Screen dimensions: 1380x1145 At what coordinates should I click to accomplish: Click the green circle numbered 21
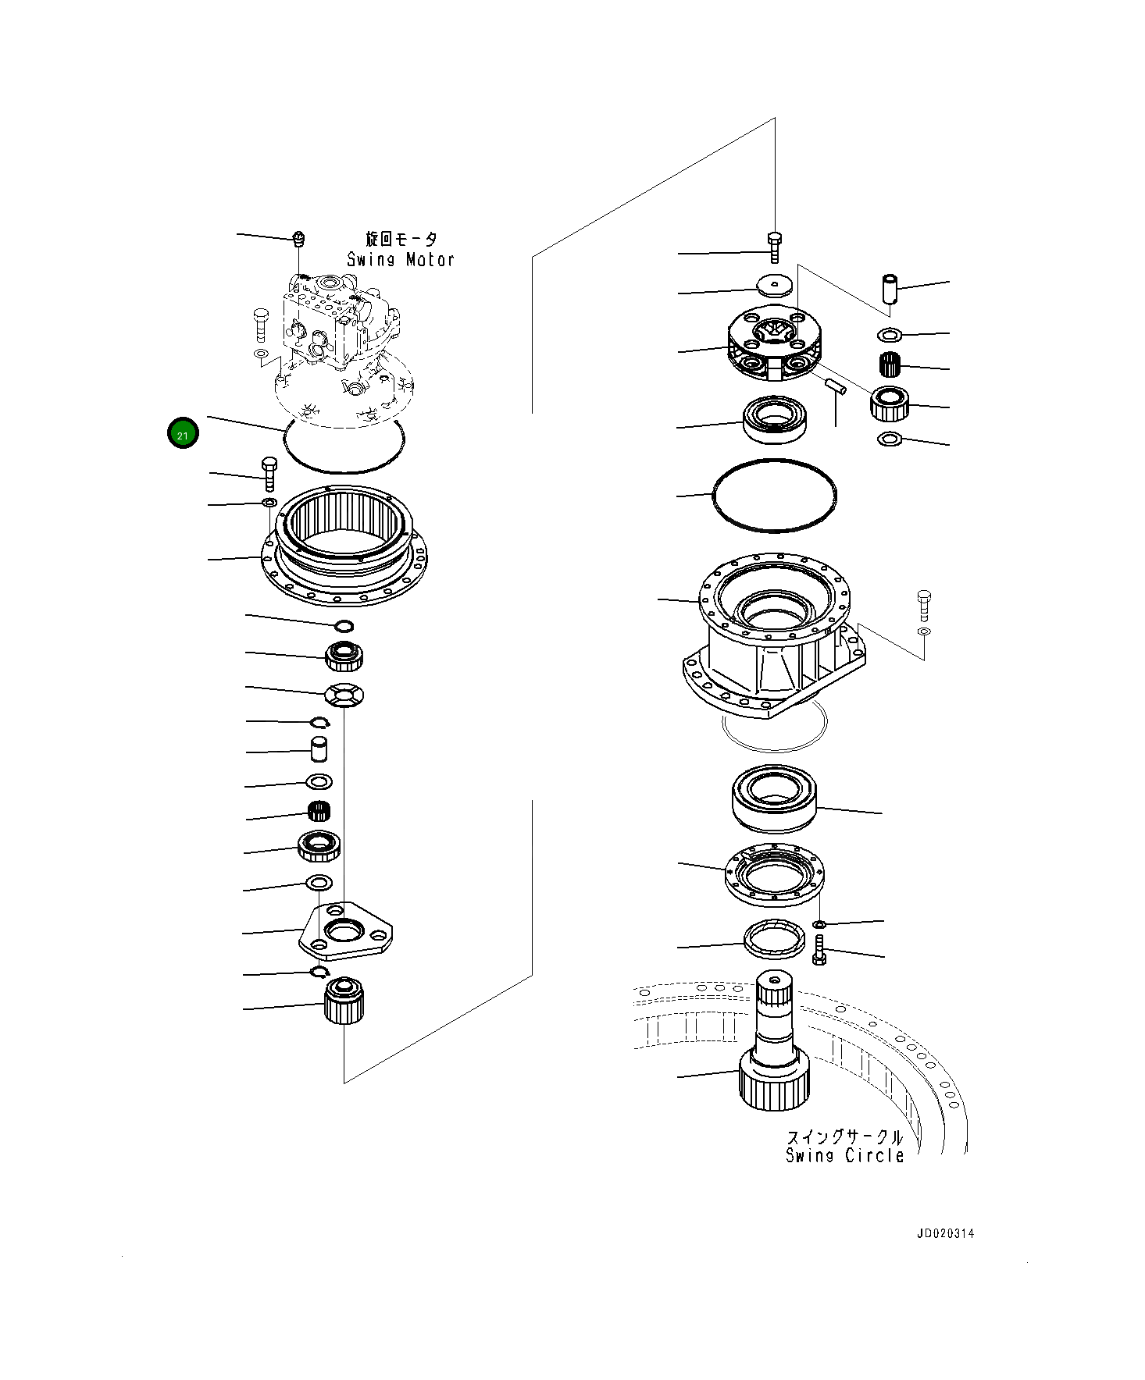[x=183, y=433]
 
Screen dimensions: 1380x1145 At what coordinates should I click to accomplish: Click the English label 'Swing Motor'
[x=400, y=260]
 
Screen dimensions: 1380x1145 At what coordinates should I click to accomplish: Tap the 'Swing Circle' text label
[x=844, y=1155]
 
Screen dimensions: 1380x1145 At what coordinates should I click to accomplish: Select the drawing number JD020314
[x=945, y=1234]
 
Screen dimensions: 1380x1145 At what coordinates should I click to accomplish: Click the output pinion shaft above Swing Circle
[x=774, y=1046]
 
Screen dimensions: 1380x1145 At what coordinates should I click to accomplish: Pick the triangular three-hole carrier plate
[x=346, y=932]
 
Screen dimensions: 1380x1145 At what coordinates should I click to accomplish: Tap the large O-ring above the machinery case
[x=774, y=496]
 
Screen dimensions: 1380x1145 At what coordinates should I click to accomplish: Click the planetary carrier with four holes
[x=773, y=343]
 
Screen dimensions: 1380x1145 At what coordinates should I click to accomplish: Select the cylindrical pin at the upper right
[x=890, y=289]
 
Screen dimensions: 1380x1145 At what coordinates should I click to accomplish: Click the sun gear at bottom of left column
[x=344, y=1001]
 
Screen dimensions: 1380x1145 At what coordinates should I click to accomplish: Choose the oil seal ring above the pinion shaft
[x=773, y=939]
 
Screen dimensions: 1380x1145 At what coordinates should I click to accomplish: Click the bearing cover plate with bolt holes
[x=774, y=876]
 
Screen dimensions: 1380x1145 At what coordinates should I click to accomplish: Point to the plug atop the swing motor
[x=298, y=238]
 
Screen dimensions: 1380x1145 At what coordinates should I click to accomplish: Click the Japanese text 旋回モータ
[x=401, y=240]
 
